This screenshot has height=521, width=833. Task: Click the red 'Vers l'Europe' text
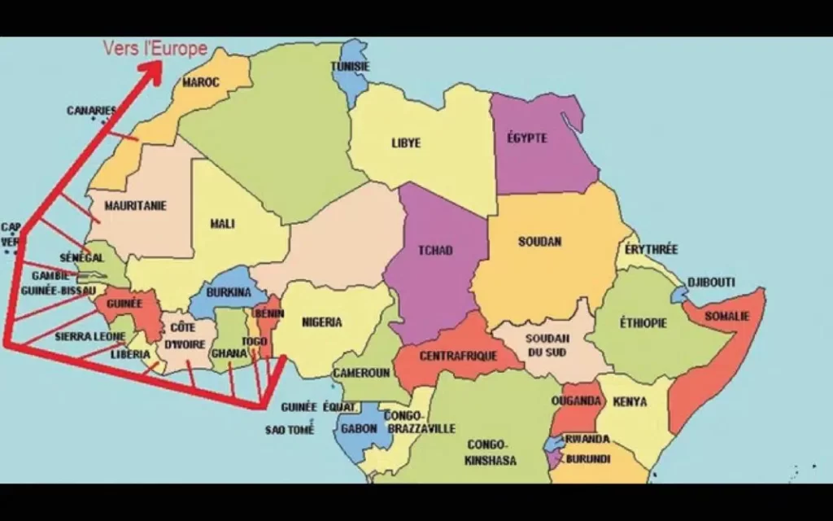click(x=155, y=48)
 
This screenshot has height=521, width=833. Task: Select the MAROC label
click(x=200, y=82)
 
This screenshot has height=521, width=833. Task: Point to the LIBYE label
click(x=406, y=143)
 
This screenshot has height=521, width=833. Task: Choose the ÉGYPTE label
click(x=526, y=138)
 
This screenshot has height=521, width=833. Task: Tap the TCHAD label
click(x=434, y=250)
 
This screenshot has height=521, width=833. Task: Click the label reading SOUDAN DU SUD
click(x=546, y=345)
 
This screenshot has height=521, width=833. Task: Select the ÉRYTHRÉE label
click(x=651, y=249)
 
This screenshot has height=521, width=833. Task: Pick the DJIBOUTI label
click(x=711, y=282)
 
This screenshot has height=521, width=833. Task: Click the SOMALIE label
click(x=726, y=316)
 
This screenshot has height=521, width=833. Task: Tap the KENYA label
click(x=630, y=401)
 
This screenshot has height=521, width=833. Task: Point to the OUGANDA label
click(x=576, y=401)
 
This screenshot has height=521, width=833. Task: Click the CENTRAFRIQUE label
click(x=458, y=356)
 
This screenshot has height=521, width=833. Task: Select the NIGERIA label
click(x=321, y=322)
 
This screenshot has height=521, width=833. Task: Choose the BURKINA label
click(x=228, y=292)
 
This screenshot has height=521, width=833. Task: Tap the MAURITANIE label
click(x=135, y=206)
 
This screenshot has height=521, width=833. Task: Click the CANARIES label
click(x=91, y=111)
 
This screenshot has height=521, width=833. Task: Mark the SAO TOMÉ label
click(x=290, y=429)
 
